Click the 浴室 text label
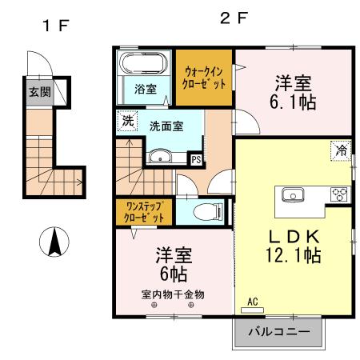145,88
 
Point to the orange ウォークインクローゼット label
205,78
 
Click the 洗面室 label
166,126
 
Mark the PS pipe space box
195,158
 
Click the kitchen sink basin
291,194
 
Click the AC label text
252,302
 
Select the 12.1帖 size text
294,257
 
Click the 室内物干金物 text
173,294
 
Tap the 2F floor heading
230,18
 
